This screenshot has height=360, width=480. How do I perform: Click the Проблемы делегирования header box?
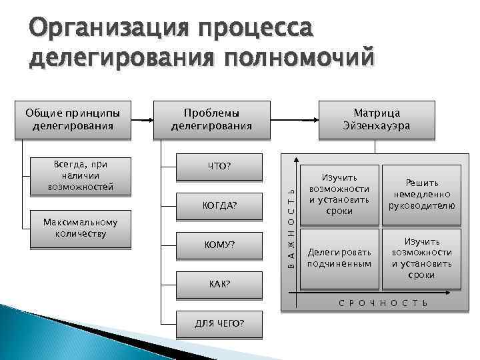coord(211,119)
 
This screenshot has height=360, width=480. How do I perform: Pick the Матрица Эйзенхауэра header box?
coord(376,119)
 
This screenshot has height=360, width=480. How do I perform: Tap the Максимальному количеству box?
coord(81,229)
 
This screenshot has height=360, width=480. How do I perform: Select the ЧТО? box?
coord(219,166)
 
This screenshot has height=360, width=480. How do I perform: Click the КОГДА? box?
coord(219,205)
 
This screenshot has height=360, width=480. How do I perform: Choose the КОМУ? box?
coord(219,245)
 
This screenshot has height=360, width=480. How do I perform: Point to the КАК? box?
coord(219,284)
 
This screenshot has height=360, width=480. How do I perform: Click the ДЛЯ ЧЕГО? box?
coord(219,323)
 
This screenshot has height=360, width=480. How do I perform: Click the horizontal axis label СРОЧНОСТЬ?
coord(383,303)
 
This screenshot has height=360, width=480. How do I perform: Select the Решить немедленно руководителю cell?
coord(421,194)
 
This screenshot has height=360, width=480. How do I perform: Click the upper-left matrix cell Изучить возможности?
coord(339,194)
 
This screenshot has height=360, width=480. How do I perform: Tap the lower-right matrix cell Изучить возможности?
coord(421,258)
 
